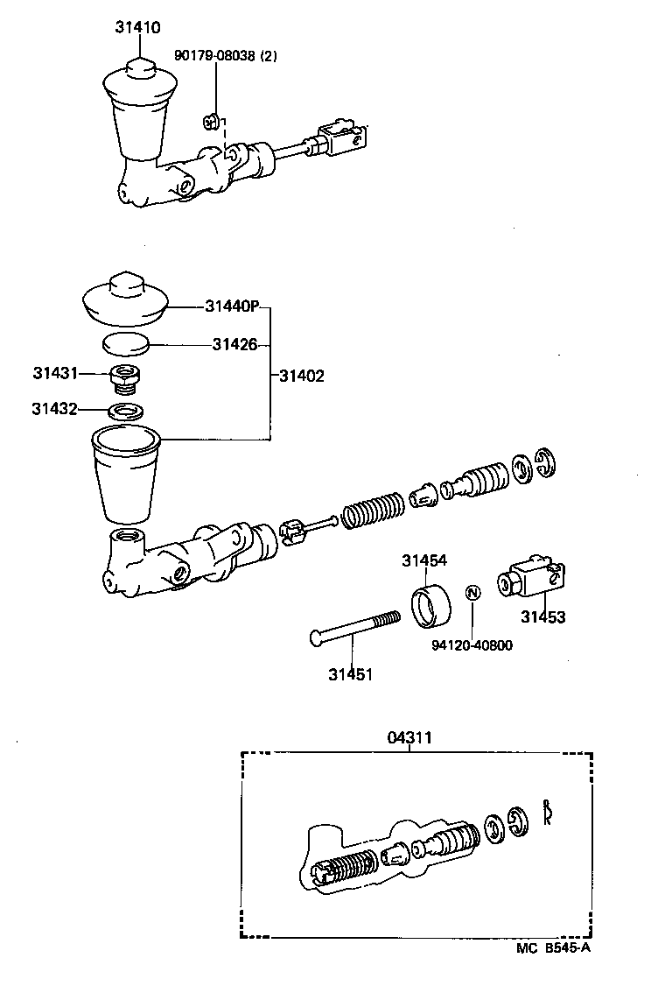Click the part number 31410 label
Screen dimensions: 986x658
pyautogui.click(x=137, y=28)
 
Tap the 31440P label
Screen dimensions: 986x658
pyautogui.click(x=233, y=306)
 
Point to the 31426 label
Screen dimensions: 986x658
pyautogui.click(x=234, y=345)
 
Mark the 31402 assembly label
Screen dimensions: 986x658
pyautogui.click(x=302, y=377)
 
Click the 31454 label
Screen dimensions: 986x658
pyautogui.click(x=424, y=560)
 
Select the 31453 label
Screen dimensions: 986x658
pyautogui.click(x=543, y=617)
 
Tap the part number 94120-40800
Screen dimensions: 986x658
pyautogui.click(x=472, y=646)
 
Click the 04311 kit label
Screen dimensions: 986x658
pyautogui.click(x=409, y=738)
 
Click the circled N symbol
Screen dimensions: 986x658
pyautogui.click(x=472, y=593)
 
